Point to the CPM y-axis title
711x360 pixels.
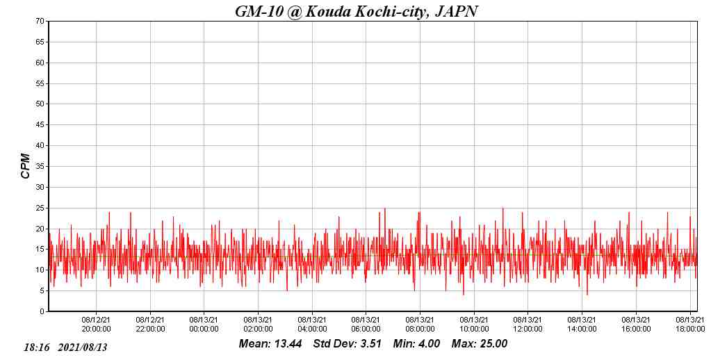pyautogui.click(x=26, y=166)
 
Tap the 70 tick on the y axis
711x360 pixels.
pyautogui.click(x=40, y=22)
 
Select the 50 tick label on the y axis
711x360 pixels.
pyautogui.click(x=40, y=104)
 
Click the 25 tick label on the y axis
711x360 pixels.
pyautogui.click(x=40, y=208)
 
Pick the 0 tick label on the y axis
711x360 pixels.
pyautogui.click(x=42, y=311)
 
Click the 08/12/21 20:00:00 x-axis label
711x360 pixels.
pyautogui.click(x=97, y=325)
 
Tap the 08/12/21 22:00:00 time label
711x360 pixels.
pyautogui.click(x=150, y=325)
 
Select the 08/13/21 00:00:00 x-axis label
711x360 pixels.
pyautogui.click(x=204, y=325)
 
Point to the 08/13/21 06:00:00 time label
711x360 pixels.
pyautogui.click(x=366, y=325)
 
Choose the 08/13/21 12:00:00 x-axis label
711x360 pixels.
pyautogui.click(x=528, y=325)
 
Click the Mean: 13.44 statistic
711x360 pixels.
pyautogui.click(x=270, y=344)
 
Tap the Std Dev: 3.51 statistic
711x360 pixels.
pyautogui.click(x=347, y=344)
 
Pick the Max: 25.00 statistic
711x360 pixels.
pyautogui.click(x=480, y=344)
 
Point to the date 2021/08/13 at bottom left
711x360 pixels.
pyautogui.click(x=83, y=347)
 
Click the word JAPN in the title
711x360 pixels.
pyautogui.click(x=456, y=11)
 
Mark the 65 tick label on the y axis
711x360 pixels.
pyautogui.click(x=40, y=42)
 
